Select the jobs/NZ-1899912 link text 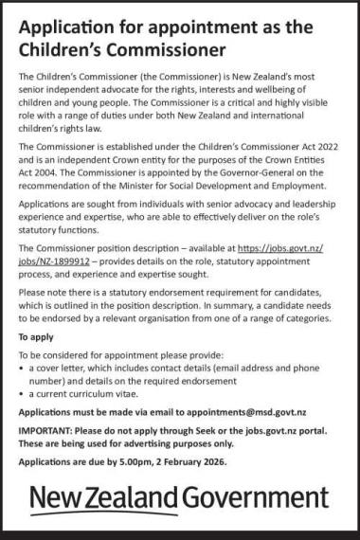[56, 258]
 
